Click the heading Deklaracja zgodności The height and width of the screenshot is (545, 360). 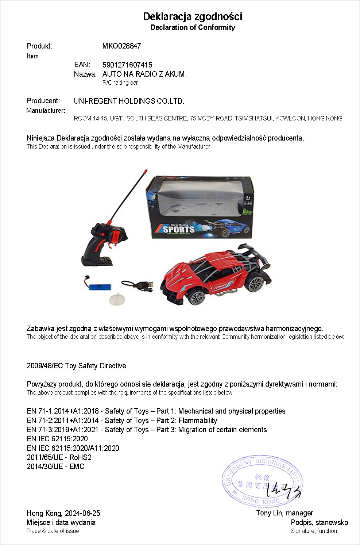(x=193, y=16)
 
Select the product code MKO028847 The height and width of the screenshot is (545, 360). (x=121, y=46)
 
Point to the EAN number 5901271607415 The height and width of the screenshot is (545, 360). (x=127, y=65)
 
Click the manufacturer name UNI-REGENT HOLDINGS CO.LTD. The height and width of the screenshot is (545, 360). (x=129, y=101)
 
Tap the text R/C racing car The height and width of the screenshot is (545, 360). (x=120, y=83)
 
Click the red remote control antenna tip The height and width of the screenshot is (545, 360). (x=145, y=171)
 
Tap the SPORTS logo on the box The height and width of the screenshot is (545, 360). (x=178, y=229)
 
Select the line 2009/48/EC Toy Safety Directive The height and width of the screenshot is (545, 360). (x=76, y=366)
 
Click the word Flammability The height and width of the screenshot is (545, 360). (x=198, y=421)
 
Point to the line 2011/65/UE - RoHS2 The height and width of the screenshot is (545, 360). (x=59, y=457)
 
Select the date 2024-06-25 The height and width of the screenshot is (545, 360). (x=82, y=513)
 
